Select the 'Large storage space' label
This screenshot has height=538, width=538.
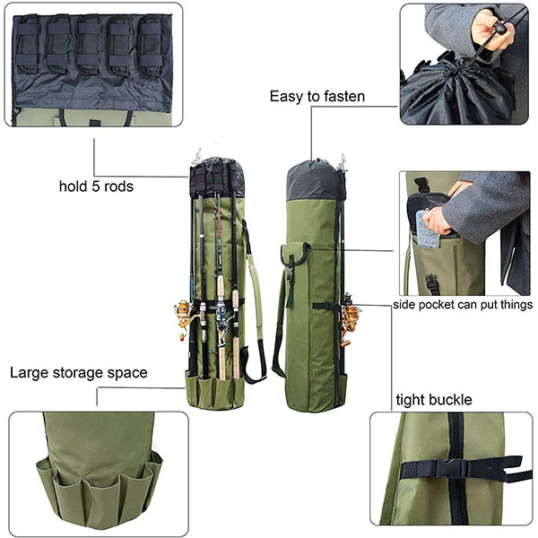click(78, 372)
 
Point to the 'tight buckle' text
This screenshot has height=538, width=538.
click(434, 399)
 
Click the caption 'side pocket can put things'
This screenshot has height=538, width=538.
click(463, 305)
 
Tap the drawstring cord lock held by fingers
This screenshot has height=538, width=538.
click(496, 29)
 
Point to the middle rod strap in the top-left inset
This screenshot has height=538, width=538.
click(90, 43)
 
